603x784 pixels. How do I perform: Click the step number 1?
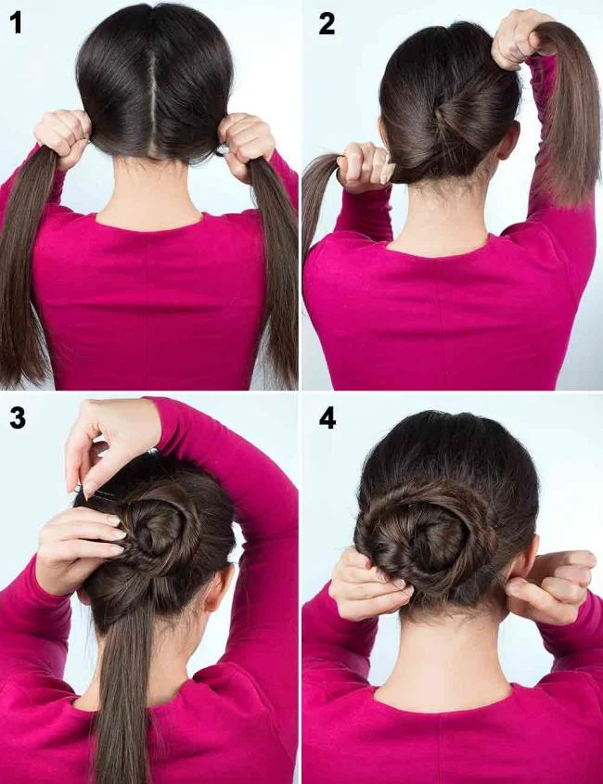[x=16, y=23]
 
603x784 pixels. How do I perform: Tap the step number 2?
[x=327, y=23]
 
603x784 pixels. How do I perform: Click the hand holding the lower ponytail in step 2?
[x=365, y=165]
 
